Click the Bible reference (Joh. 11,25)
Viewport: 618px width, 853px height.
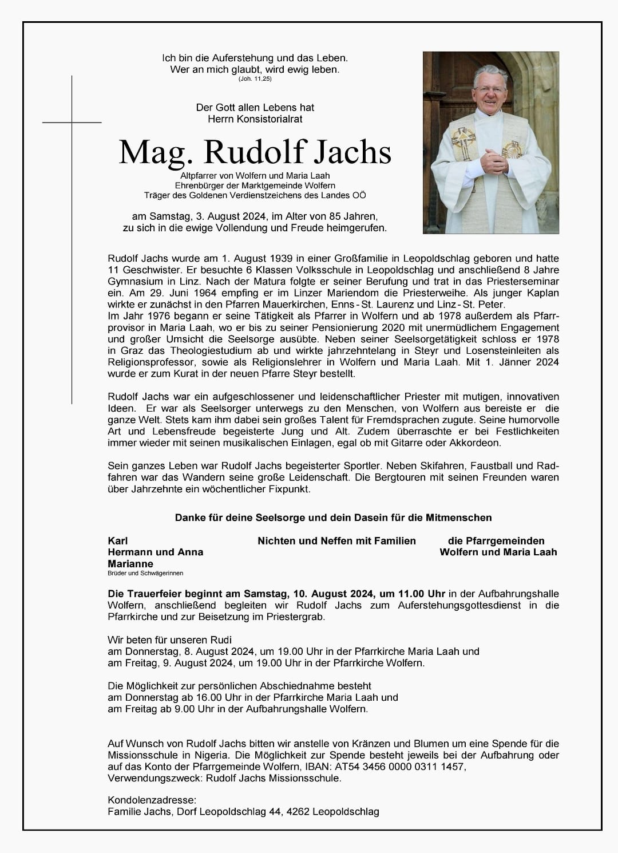click(x=255, y=78)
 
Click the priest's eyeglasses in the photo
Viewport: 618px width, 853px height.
click(x=491, y=91)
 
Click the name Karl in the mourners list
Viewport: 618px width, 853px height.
click(x=117, y=540)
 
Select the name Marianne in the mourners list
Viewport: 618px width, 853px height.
click(x=130, y=563)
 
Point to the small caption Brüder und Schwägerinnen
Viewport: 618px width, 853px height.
click(x=145, y=573)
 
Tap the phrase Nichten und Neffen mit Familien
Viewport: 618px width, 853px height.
click(x=336, y=540)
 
